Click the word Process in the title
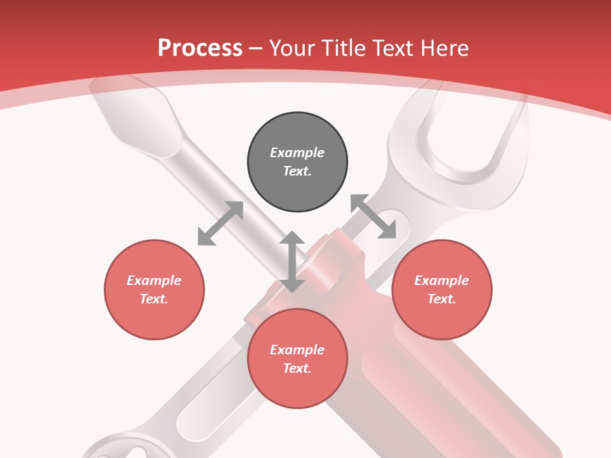(200, 48)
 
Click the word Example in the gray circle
(297, 153)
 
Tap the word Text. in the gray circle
(297, 171)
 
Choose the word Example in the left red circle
(154, 281)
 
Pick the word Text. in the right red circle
(442, 299)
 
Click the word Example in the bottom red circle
(297, 350)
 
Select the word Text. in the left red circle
(154, 299)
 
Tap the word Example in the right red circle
(442, 281)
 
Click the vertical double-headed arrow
(292, 261)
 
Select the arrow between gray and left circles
(220, 223)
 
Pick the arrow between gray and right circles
(373, 217)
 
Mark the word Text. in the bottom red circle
(297, 368)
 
